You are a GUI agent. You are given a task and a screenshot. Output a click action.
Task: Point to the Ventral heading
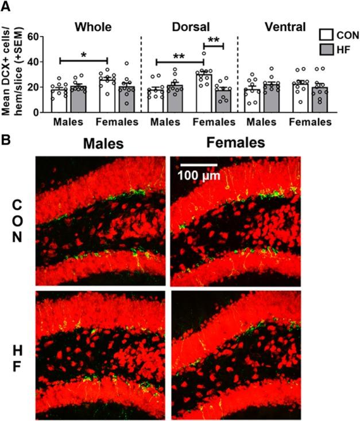point(285,26)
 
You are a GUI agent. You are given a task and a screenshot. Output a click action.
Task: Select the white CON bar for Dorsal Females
point(204,93)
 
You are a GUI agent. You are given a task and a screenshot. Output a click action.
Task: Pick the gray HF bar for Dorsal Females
point(224,101)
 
